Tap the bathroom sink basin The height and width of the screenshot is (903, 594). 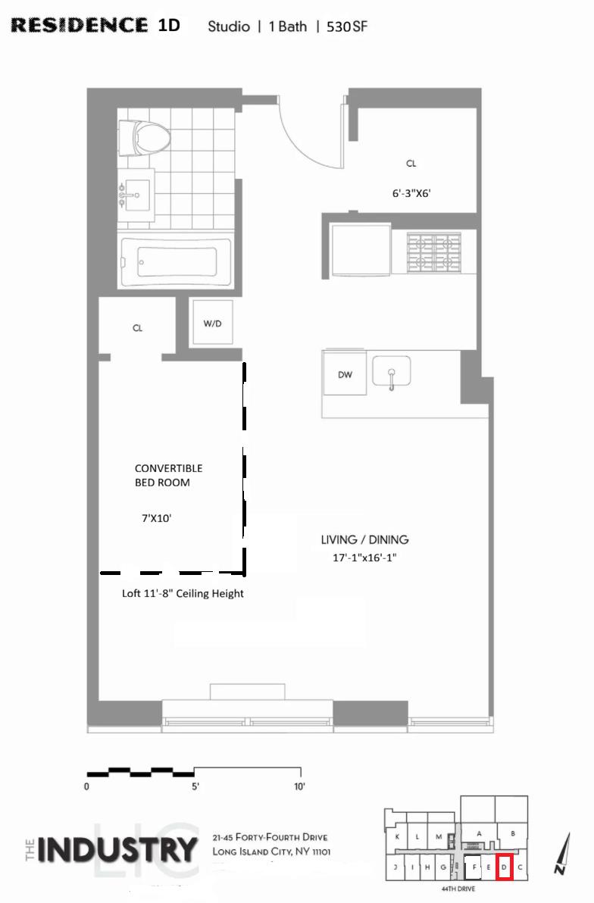click(137, 195)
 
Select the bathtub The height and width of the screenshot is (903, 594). click(176, 263)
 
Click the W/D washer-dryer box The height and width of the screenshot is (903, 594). click(213, 323)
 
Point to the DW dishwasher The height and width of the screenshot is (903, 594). click(345, 374)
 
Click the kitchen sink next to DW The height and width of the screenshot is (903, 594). click(392, 371)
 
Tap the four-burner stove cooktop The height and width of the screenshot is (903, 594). click(434, 252)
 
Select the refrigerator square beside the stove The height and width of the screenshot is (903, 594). click(362, 251)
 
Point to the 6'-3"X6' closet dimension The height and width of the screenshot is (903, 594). click(411, 193)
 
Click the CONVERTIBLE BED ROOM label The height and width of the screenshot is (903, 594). click(168, 475)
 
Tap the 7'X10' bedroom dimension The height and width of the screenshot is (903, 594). click(156, 518)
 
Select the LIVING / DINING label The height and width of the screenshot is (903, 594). click(364, 539)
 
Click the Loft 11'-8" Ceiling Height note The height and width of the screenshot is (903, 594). click(183, 593)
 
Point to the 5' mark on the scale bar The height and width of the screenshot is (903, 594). click(195, 786)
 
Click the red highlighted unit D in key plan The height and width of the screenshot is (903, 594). click(504, 867)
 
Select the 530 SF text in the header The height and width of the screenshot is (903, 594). click(347, 27)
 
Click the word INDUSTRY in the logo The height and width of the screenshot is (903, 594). click(117, 849)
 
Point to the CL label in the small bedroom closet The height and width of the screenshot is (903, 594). click(137, 328)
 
